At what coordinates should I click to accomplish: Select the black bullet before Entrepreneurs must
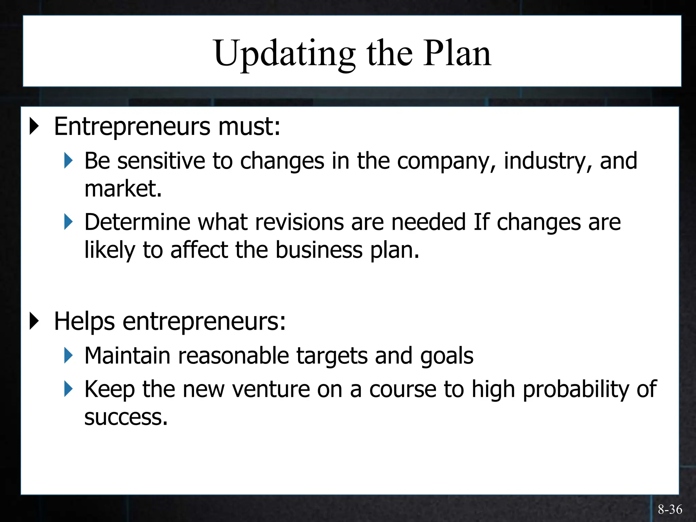pos(34,126)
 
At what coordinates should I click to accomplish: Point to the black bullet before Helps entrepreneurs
pos(34,321)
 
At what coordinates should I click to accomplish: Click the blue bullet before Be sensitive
pos(68,161)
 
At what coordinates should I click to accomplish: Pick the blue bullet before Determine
pos(68,222)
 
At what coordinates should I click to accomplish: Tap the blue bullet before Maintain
pos(68,355)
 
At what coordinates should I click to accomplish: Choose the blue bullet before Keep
pos(68,389)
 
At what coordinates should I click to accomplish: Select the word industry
pos(547,161)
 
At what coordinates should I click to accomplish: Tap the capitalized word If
pos(482,222)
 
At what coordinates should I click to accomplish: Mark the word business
pos(319,250)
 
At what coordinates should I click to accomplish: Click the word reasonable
pos(233,356)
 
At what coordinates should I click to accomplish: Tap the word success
pos(126,417)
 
